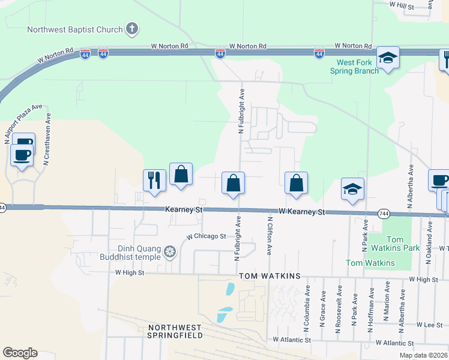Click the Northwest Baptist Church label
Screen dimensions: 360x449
[74, 29]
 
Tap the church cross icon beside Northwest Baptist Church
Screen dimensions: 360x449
[133, 29]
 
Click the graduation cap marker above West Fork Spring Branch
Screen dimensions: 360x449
[388, 58]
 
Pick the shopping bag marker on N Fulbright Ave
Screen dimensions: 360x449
[234, 183]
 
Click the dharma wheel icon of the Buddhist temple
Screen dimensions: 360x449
[170, 253]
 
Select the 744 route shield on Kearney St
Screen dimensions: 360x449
[385, 213]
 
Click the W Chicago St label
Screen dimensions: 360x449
[205, 236]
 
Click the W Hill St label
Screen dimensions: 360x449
[402, 4]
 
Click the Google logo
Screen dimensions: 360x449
[20, 353]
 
